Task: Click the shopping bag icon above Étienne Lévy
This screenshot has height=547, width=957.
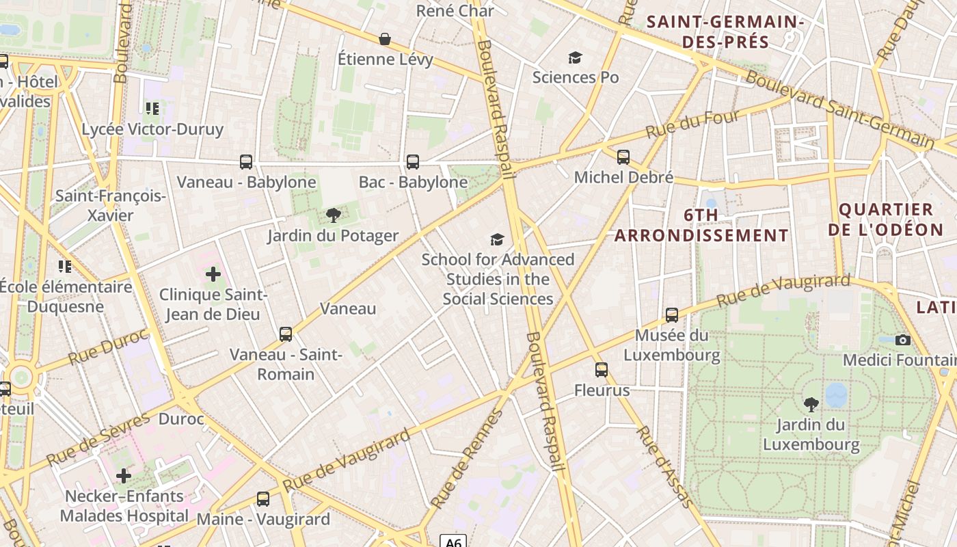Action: click(x=385, y=39)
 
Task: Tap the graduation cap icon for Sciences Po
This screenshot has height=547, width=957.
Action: click(x=575, y=57)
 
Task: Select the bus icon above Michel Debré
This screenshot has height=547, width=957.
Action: click(x=623, y=157)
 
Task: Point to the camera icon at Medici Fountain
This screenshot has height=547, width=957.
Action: click(x=902, y=340)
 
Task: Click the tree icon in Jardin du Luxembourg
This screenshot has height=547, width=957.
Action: click(x=811, y=404)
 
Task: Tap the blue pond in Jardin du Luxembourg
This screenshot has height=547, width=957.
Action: click(x=835, y=395)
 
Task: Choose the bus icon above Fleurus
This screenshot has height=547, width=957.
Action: click(x=602, y=370)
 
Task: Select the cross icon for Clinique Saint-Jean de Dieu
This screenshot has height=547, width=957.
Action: click(x=213, y=274)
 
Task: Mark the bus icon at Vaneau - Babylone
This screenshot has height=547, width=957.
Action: click(x=246, y=162)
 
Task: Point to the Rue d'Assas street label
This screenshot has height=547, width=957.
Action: click(x=663, y=475)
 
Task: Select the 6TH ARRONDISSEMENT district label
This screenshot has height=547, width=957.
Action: click(x=701, y=226)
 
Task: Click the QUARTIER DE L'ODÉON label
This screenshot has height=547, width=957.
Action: click(x=885, y=219)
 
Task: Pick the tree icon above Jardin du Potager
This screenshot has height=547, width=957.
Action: click(x=333, y=216)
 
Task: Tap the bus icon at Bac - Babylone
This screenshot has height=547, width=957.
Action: click(x=413, y=162)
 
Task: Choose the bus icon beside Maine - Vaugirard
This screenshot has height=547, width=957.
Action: click(x=263, y=499)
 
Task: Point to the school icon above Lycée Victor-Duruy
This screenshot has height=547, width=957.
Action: click(x=152, y=108)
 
